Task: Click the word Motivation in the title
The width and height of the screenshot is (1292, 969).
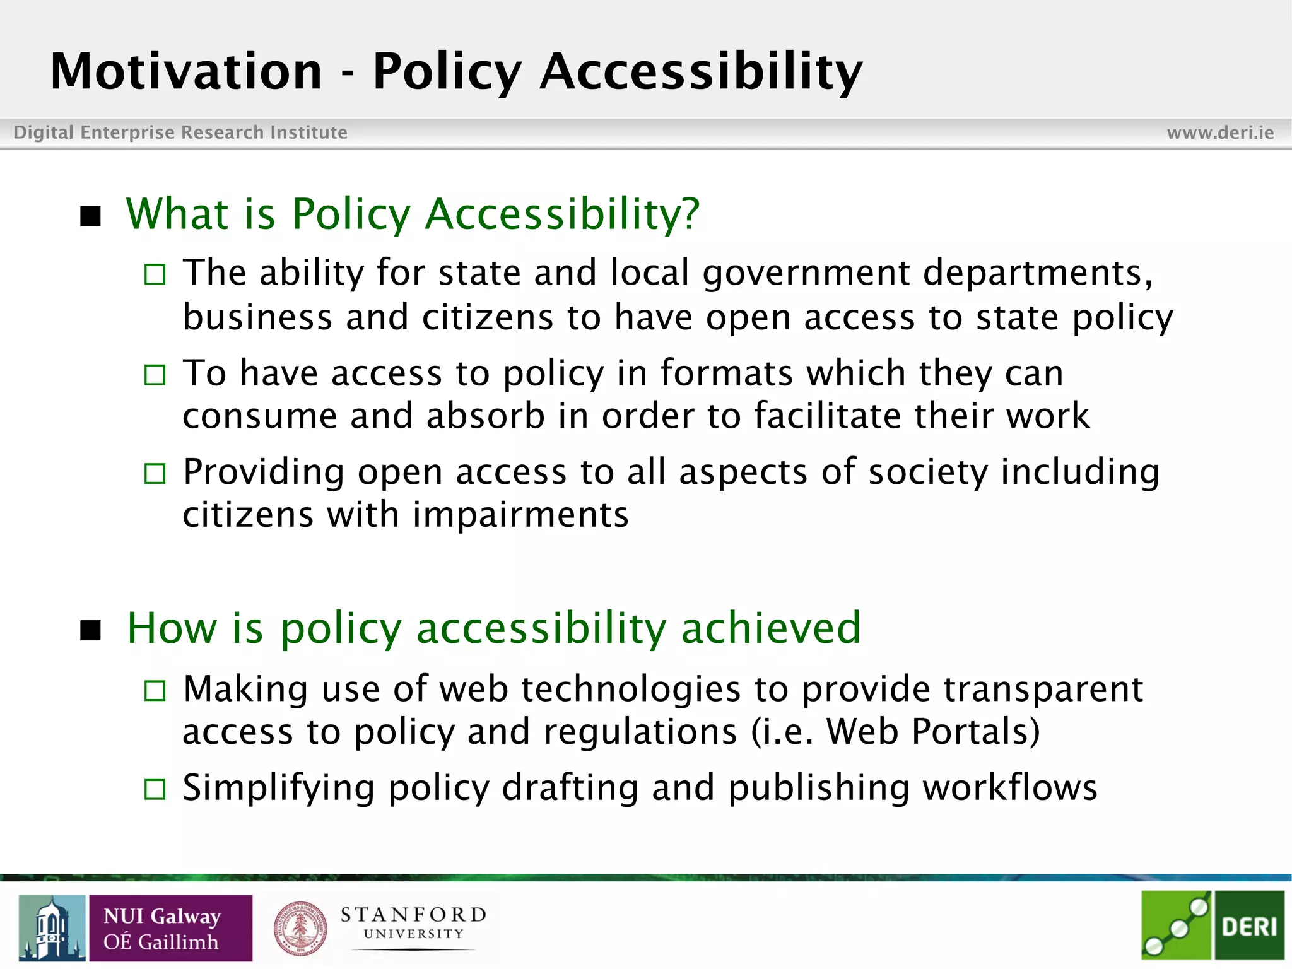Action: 186,71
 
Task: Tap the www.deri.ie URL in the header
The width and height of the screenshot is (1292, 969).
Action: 1220,132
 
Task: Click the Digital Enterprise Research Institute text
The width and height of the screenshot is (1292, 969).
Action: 180,132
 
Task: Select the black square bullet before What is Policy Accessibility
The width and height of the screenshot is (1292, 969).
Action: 91,216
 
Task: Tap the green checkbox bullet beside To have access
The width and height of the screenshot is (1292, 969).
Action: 155,375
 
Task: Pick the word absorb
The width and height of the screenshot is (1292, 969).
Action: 485,416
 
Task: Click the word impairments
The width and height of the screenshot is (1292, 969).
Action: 520,515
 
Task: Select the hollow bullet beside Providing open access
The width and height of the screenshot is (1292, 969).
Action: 155,473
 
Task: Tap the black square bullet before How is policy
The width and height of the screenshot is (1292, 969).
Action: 91,630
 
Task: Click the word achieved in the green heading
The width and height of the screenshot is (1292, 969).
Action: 771,628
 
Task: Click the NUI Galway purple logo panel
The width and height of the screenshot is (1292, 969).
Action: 170,928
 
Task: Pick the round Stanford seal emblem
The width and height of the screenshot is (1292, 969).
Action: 300,928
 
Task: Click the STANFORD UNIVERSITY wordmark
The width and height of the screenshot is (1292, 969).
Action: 413,923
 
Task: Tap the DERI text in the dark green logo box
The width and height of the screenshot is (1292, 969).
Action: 1248,927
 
